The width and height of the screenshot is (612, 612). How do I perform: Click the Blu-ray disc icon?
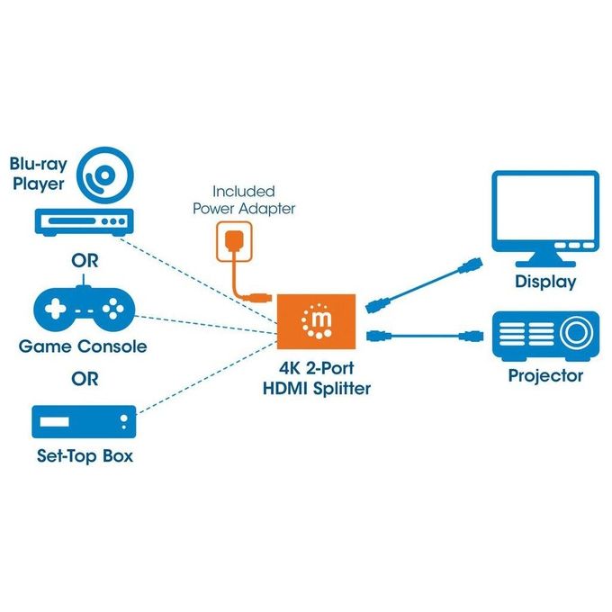click(x=104, y=175)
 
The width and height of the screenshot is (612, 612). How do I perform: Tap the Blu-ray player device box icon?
click(x=85, y=222)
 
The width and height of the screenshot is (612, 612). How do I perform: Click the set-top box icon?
click(x=84, y=422)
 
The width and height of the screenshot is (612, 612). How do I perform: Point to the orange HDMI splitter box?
click(x=316, y=321)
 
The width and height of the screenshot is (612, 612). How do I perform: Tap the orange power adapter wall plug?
click(x=234, y=241)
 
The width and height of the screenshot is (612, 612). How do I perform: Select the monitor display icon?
click(x=545, y=219)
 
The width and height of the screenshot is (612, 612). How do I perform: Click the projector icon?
click(x=545, y=336)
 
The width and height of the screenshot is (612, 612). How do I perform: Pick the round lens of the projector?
click(x=577, y=333)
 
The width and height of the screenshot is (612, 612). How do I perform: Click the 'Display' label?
click(x=545, y=282)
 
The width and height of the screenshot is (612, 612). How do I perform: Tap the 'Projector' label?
click(x=545, y=376)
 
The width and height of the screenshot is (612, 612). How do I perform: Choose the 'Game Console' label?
click(x=83, y=346)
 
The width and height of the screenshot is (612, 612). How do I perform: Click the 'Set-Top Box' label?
click(x=85, y=456)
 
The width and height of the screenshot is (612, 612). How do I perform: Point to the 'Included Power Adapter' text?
click(x=244, y=200)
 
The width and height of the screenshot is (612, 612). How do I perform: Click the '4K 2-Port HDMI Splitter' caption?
click(x=317, y=378)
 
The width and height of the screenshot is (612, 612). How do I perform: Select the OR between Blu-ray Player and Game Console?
click(x=85, y=261)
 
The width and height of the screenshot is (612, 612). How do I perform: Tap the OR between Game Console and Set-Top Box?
click(x=85, y=379)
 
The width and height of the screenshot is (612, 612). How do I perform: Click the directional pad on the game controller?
click(x=56, y=309)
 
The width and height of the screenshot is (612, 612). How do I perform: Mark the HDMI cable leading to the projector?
click(x=425, y=336)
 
